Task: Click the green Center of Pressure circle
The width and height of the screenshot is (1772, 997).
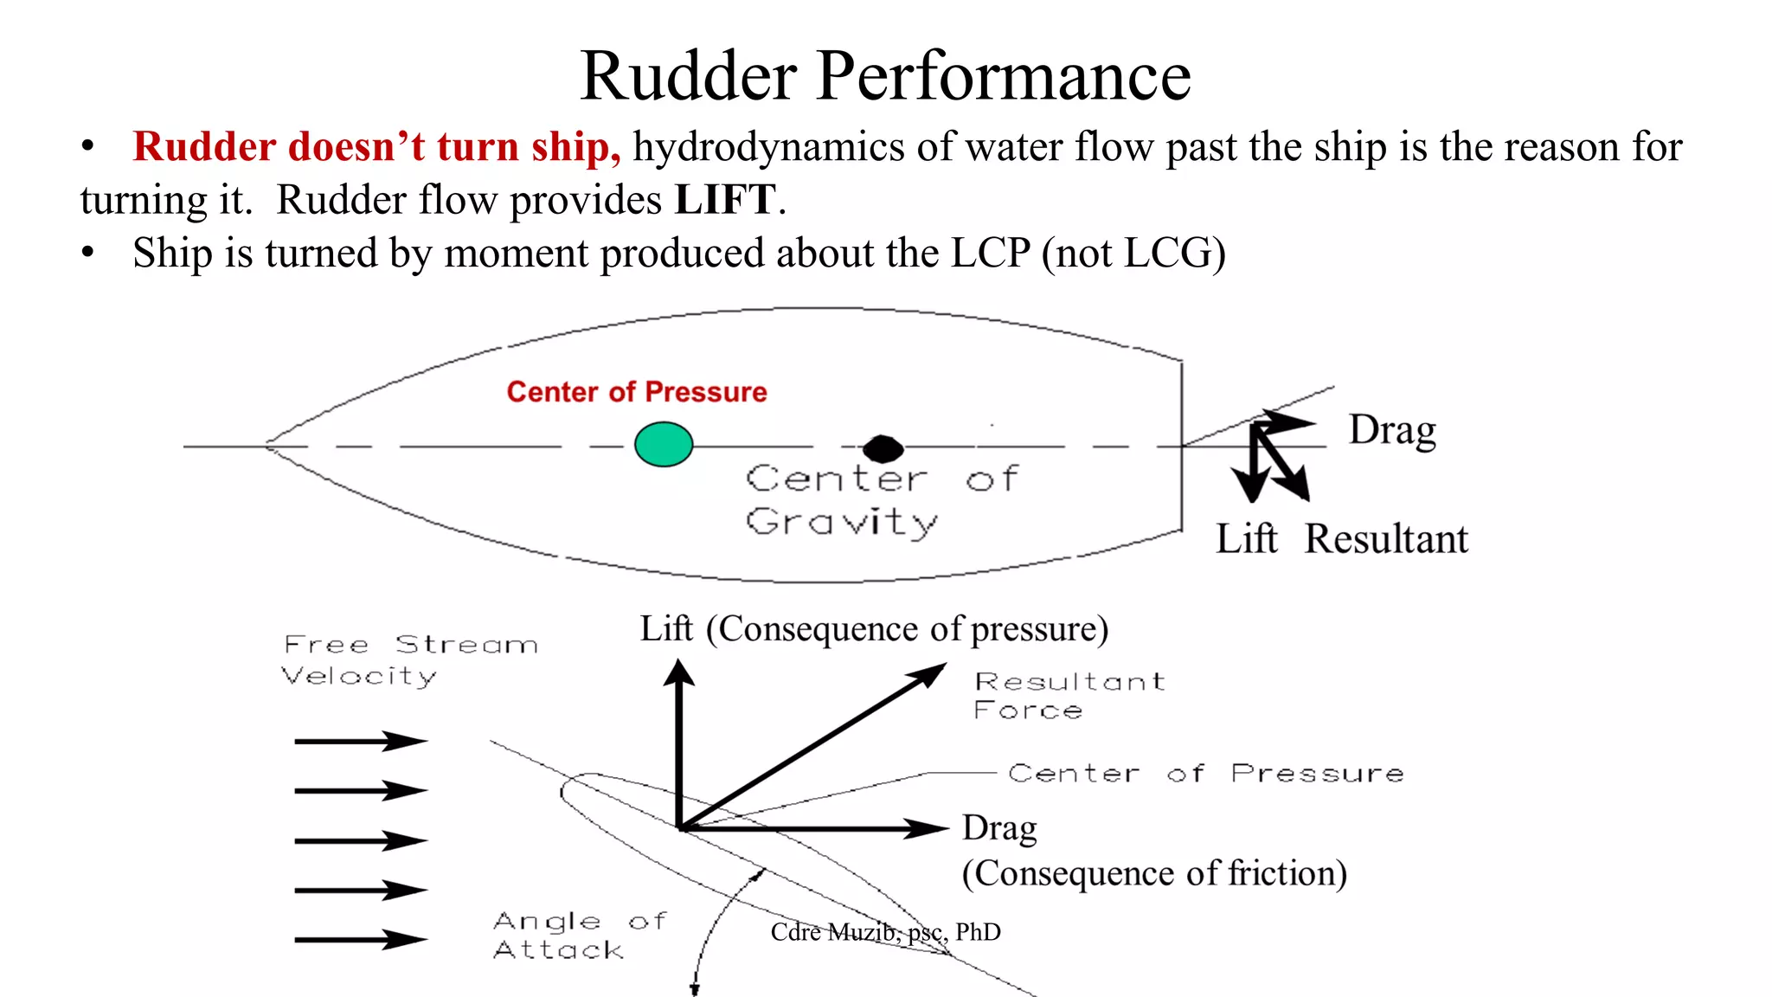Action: [664, 445]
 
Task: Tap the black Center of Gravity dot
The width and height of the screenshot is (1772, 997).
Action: [883, 448]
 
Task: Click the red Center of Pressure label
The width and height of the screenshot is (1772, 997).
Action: [637, 392]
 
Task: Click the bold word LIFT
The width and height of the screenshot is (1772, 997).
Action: [725, 200]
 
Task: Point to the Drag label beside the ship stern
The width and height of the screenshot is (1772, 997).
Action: [1392, 430]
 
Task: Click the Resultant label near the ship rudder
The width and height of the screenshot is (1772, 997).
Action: [1386, 539]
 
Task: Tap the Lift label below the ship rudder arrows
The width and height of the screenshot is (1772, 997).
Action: [1246, 539]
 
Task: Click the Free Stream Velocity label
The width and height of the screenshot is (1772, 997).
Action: [408, 660]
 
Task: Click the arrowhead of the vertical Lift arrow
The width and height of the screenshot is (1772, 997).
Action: [679, 673]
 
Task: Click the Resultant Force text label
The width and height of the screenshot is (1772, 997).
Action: [1069, 696]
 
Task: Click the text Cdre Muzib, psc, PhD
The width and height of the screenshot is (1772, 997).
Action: [885, 932]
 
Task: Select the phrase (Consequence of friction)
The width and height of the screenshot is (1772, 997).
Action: [1154, 873]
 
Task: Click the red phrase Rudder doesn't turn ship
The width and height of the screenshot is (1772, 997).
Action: [376, 146]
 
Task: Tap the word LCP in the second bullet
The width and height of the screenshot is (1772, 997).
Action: [990, 254]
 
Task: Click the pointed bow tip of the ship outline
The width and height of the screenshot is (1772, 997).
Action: [266, 446]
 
